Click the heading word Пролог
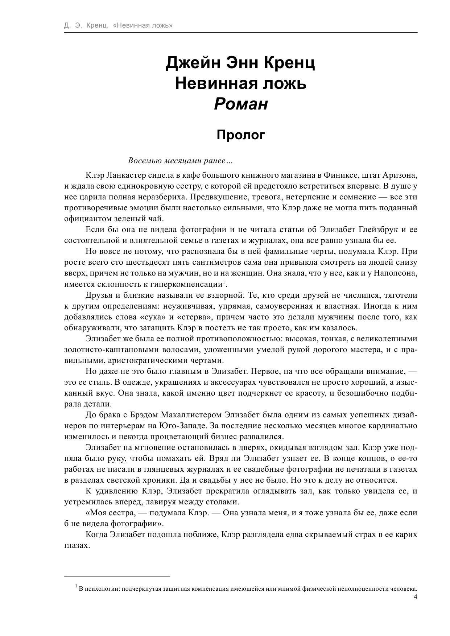point(241,135)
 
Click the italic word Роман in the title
point(241,104)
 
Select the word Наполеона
point(397,273)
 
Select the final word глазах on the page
point(77,545)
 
